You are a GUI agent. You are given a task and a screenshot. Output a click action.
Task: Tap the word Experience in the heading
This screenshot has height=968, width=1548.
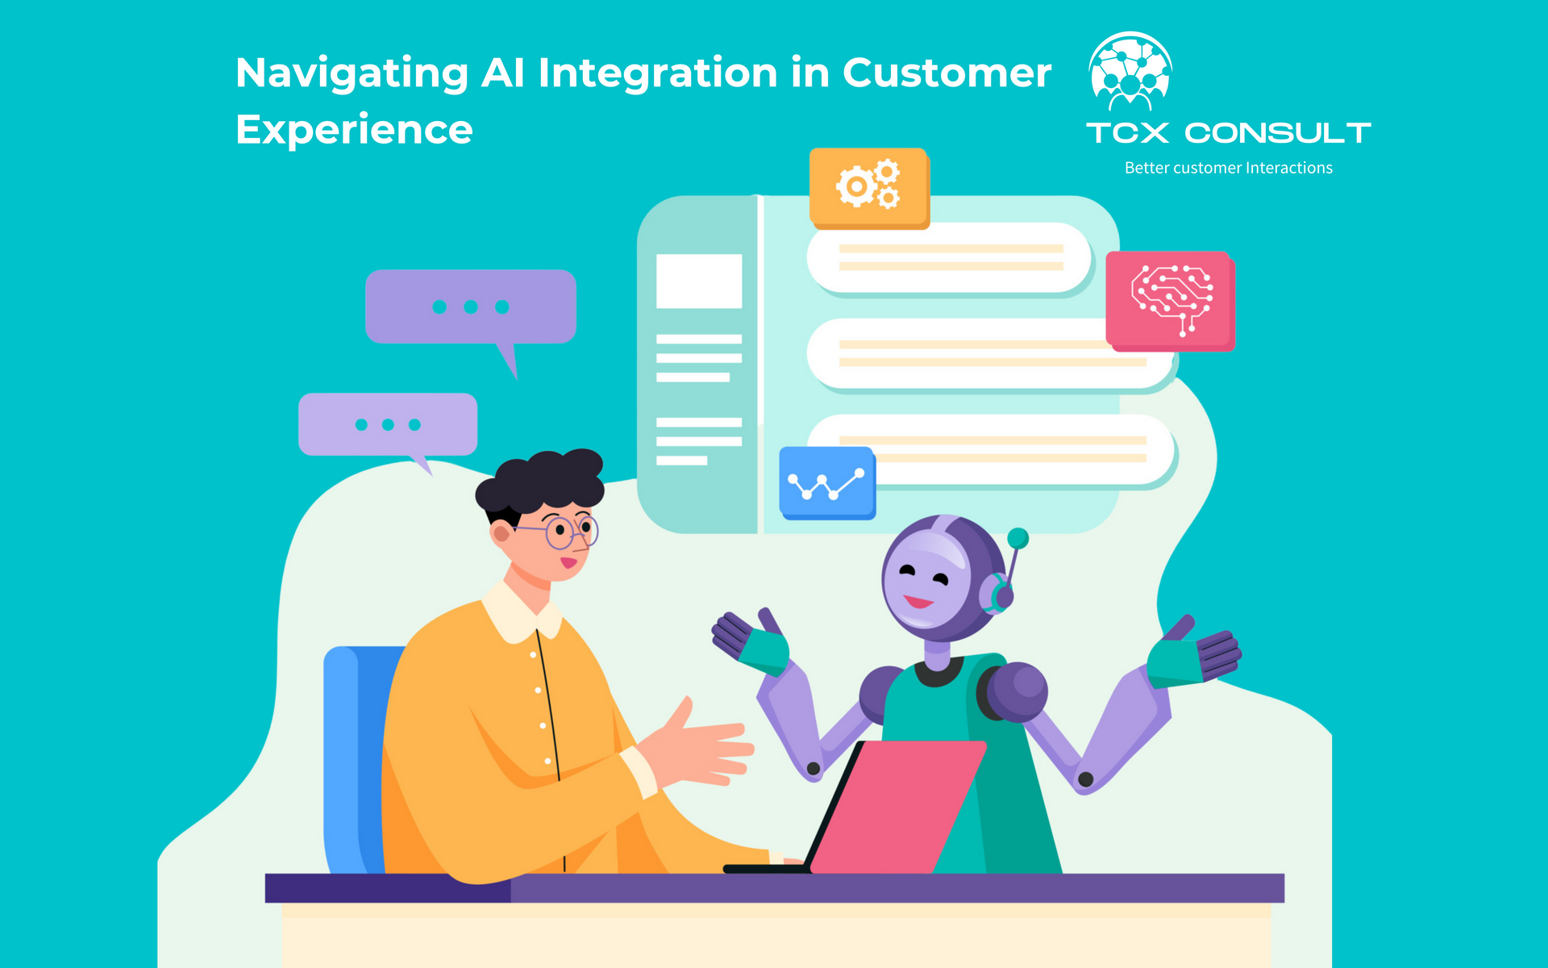[x=354, y=130]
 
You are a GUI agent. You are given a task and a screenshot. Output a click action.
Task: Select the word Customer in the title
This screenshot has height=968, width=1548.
[x=947, y=73]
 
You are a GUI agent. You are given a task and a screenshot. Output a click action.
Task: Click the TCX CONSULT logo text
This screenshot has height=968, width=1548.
[x=1229, y=133]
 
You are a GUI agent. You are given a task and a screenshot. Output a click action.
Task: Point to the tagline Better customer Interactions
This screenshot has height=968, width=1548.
[x=1229, y=168]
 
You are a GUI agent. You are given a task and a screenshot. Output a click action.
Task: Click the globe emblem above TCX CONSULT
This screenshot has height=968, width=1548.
[x=1130, y=71]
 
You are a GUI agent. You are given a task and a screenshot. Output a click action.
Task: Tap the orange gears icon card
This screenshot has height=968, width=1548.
[x=869, y=187]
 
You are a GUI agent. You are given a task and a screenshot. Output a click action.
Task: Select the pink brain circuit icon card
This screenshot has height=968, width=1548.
[x=1170, y=300]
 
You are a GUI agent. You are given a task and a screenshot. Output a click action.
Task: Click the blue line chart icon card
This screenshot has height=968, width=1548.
[x=827, y=482]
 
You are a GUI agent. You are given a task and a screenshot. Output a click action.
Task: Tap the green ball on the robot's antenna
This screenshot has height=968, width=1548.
[x=1018, y=538]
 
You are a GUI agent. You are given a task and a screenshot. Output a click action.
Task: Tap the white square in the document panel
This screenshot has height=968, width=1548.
[x=699, y=281]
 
